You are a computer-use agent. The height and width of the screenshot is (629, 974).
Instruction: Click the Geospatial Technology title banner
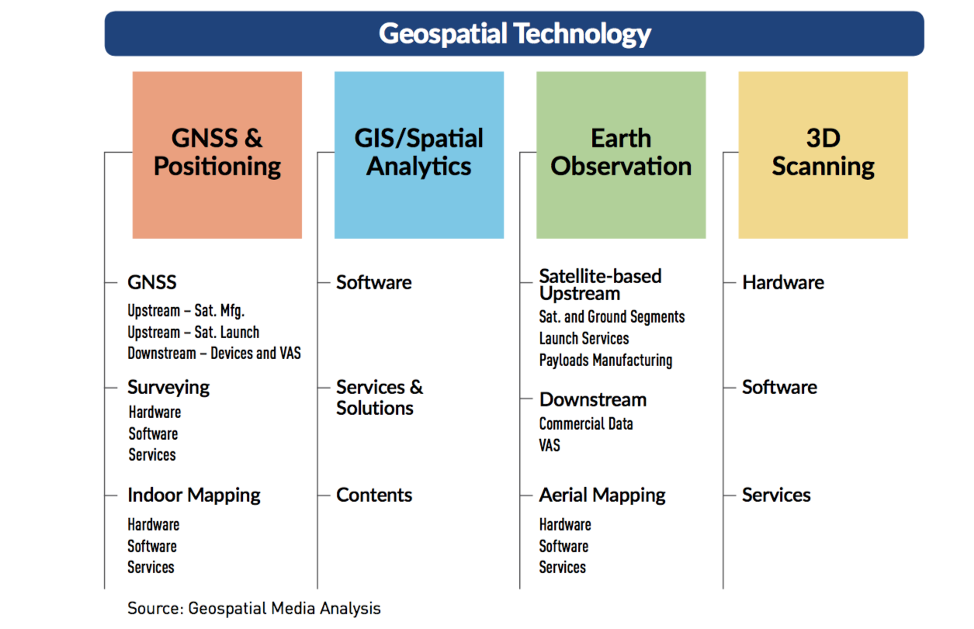[515, 33]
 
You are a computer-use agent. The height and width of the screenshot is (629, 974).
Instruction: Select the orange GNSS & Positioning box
[217, 155]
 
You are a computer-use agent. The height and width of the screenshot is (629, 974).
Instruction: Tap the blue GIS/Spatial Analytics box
[419, 155]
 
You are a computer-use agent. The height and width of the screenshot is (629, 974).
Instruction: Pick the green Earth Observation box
[621, 155]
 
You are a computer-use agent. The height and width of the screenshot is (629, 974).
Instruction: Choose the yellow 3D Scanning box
[823, 155]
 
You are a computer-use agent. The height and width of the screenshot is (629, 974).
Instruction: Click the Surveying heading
[168, 388]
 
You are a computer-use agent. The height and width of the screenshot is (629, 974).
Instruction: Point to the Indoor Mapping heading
[194, 495]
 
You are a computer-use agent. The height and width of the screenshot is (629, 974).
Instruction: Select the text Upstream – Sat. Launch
[193, 332]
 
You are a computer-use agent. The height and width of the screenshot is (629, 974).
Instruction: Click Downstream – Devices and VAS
[214, 353]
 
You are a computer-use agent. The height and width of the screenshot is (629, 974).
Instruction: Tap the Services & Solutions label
[380, 397]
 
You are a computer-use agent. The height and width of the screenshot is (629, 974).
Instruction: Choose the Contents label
[374, 495]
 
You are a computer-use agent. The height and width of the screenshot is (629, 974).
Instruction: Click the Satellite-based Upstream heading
[601, 285]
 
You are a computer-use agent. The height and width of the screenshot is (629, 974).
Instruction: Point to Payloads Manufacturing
[605, 360]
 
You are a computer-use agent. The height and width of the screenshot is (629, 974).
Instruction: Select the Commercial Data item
[586, 423]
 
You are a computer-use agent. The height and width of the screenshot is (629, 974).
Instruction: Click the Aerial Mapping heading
[602, 495]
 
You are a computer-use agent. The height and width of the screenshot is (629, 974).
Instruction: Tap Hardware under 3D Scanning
[783, 283]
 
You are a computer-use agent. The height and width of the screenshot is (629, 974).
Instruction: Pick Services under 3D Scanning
[776, 495]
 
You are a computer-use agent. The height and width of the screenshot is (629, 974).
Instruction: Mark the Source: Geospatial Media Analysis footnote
[254, 608]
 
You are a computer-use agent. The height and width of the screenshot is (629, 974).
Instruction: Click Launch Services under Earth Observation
[584, 338]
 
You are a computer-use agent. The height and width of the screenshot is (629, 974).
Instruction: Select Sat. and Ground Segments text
[612, 317]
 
